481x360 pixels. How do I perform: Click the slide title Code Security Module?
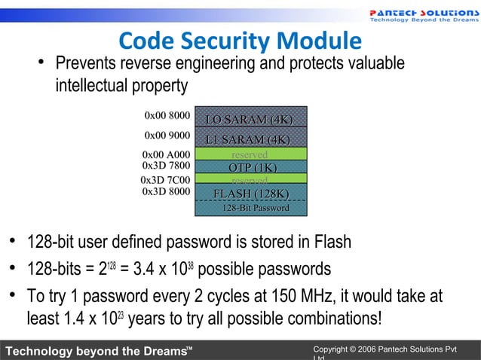click(x=240, y=41)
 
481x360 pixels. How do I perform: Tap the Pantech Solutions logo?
click(x=422, y=15)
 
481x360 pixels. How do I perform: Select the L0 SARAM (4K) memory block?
click(x=250, y=121)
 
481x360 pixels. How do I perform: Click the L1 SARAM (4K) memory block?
click(x=250, y=140)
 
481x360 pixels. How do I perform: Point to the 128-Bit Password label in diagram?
click(x=255, y=208)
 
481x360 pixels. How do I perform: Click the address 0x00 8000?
click(x=167, y=116)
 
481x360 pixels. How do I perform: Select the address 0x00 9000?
click(x=167, y=136)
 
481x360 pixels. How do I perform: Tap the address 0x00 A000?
click(x=165, y=155)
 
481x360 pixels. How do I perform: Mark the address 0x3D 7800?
click(x=166, y=166)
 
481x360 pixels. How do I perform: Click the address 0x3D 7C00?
click(x=165, y=181)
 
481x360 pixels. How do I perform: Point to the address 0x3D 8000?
click(x=166, y=191)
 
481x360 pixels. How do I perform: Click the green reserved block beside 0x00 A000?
click(x=250, y=154)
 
